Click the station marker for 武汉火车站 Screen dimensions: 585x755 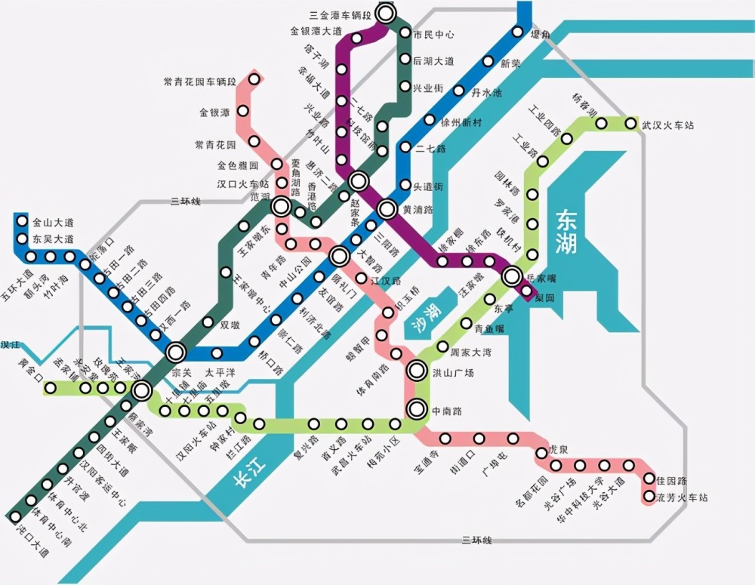pyautogui.click(x=632, y=123)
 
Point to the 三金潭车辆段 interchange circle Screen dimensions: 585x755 pyautogui.click(x=387, y=13)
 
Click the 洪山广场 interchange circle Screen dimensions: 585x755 pyautogui.click(x=417, y=371)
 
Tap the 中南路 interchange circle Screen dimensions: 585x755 pyautogui.click(x=417, y=409)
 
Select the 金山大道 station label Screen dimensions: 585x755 pyautogui.click(x=53, y=223)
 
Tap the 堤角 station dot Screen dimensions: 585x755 pyautogui.click(x=518, y=32)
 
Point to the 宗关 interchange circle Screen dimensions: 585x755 pyautogui.click(x=176, y=352)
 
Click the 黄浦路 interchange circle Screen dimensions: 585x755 pyautogui.click(x=387, y=209)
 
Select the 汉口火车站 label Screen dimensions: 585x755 pyautogui.click(x=243, y=184)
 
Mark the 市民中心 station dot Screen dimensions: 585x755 pyautogui.click(x=405, y=34)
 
